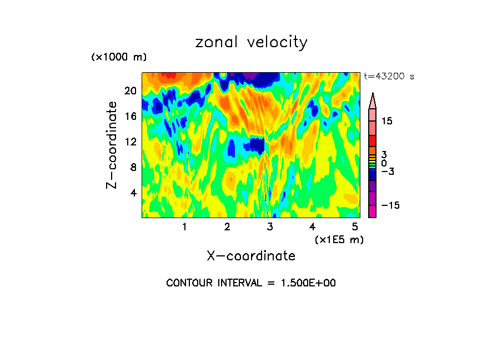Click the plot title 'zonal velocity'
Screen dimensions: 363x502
click(x=251, y=43)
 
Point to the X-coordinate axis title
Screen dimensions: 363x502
click(x=251, y=256)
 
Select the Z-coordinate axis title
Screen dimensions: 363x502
click(x=112, y=144)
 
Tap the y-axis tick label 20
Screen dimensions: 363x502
click(x=130, y=91)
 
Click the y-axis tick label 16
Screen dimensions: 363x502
click(x=130, y=117)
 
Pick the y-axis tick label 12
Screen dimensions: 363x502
click(x=130, y=142)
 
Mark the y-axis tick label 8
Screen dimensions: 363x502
click(x=133, y=168)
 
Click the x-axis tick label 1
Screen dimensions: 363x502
click(x=184, y=227)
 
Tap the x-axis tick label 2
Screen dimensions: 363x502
click(x=227, y=227)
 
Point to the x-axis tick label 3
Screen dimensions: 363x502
click(x=270, y=227)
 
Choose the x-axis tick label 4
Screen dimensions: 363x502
click(x=313, y=227)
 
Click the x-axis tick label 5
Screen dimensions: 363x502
click(x=355, y=227)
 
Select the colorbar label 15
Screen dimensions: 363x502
click(x=386, y=122)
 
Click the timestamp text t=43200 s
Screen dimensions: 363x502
click(x=389, y=77)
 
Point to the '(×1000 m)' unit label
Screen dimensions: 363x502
click(x=119, y=58)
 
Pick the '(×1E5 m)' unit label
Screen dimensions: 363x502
click(x=339, y=239)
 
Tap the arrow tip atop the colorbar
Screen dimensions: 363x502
click(x=373, y=95)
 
